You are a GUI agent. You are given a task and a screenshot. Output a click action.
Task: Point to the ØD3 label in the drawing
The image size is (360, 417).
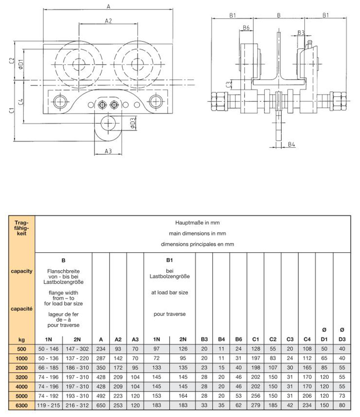pyautogui.click(x=133, y=122)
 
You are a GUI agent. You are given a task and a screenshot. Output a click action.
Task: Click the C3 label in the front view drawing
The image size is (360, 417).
pyautogui.click(x=229, y=84)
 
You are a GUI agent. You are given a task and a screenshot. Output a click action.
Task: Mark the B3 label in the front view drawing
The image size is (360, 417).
pyautogui.click(x=301, y=32)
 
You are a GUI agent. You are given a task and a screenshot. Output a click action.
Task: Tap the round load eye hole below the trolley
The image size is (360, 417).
pyautogui.click(x=108, y=122)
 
